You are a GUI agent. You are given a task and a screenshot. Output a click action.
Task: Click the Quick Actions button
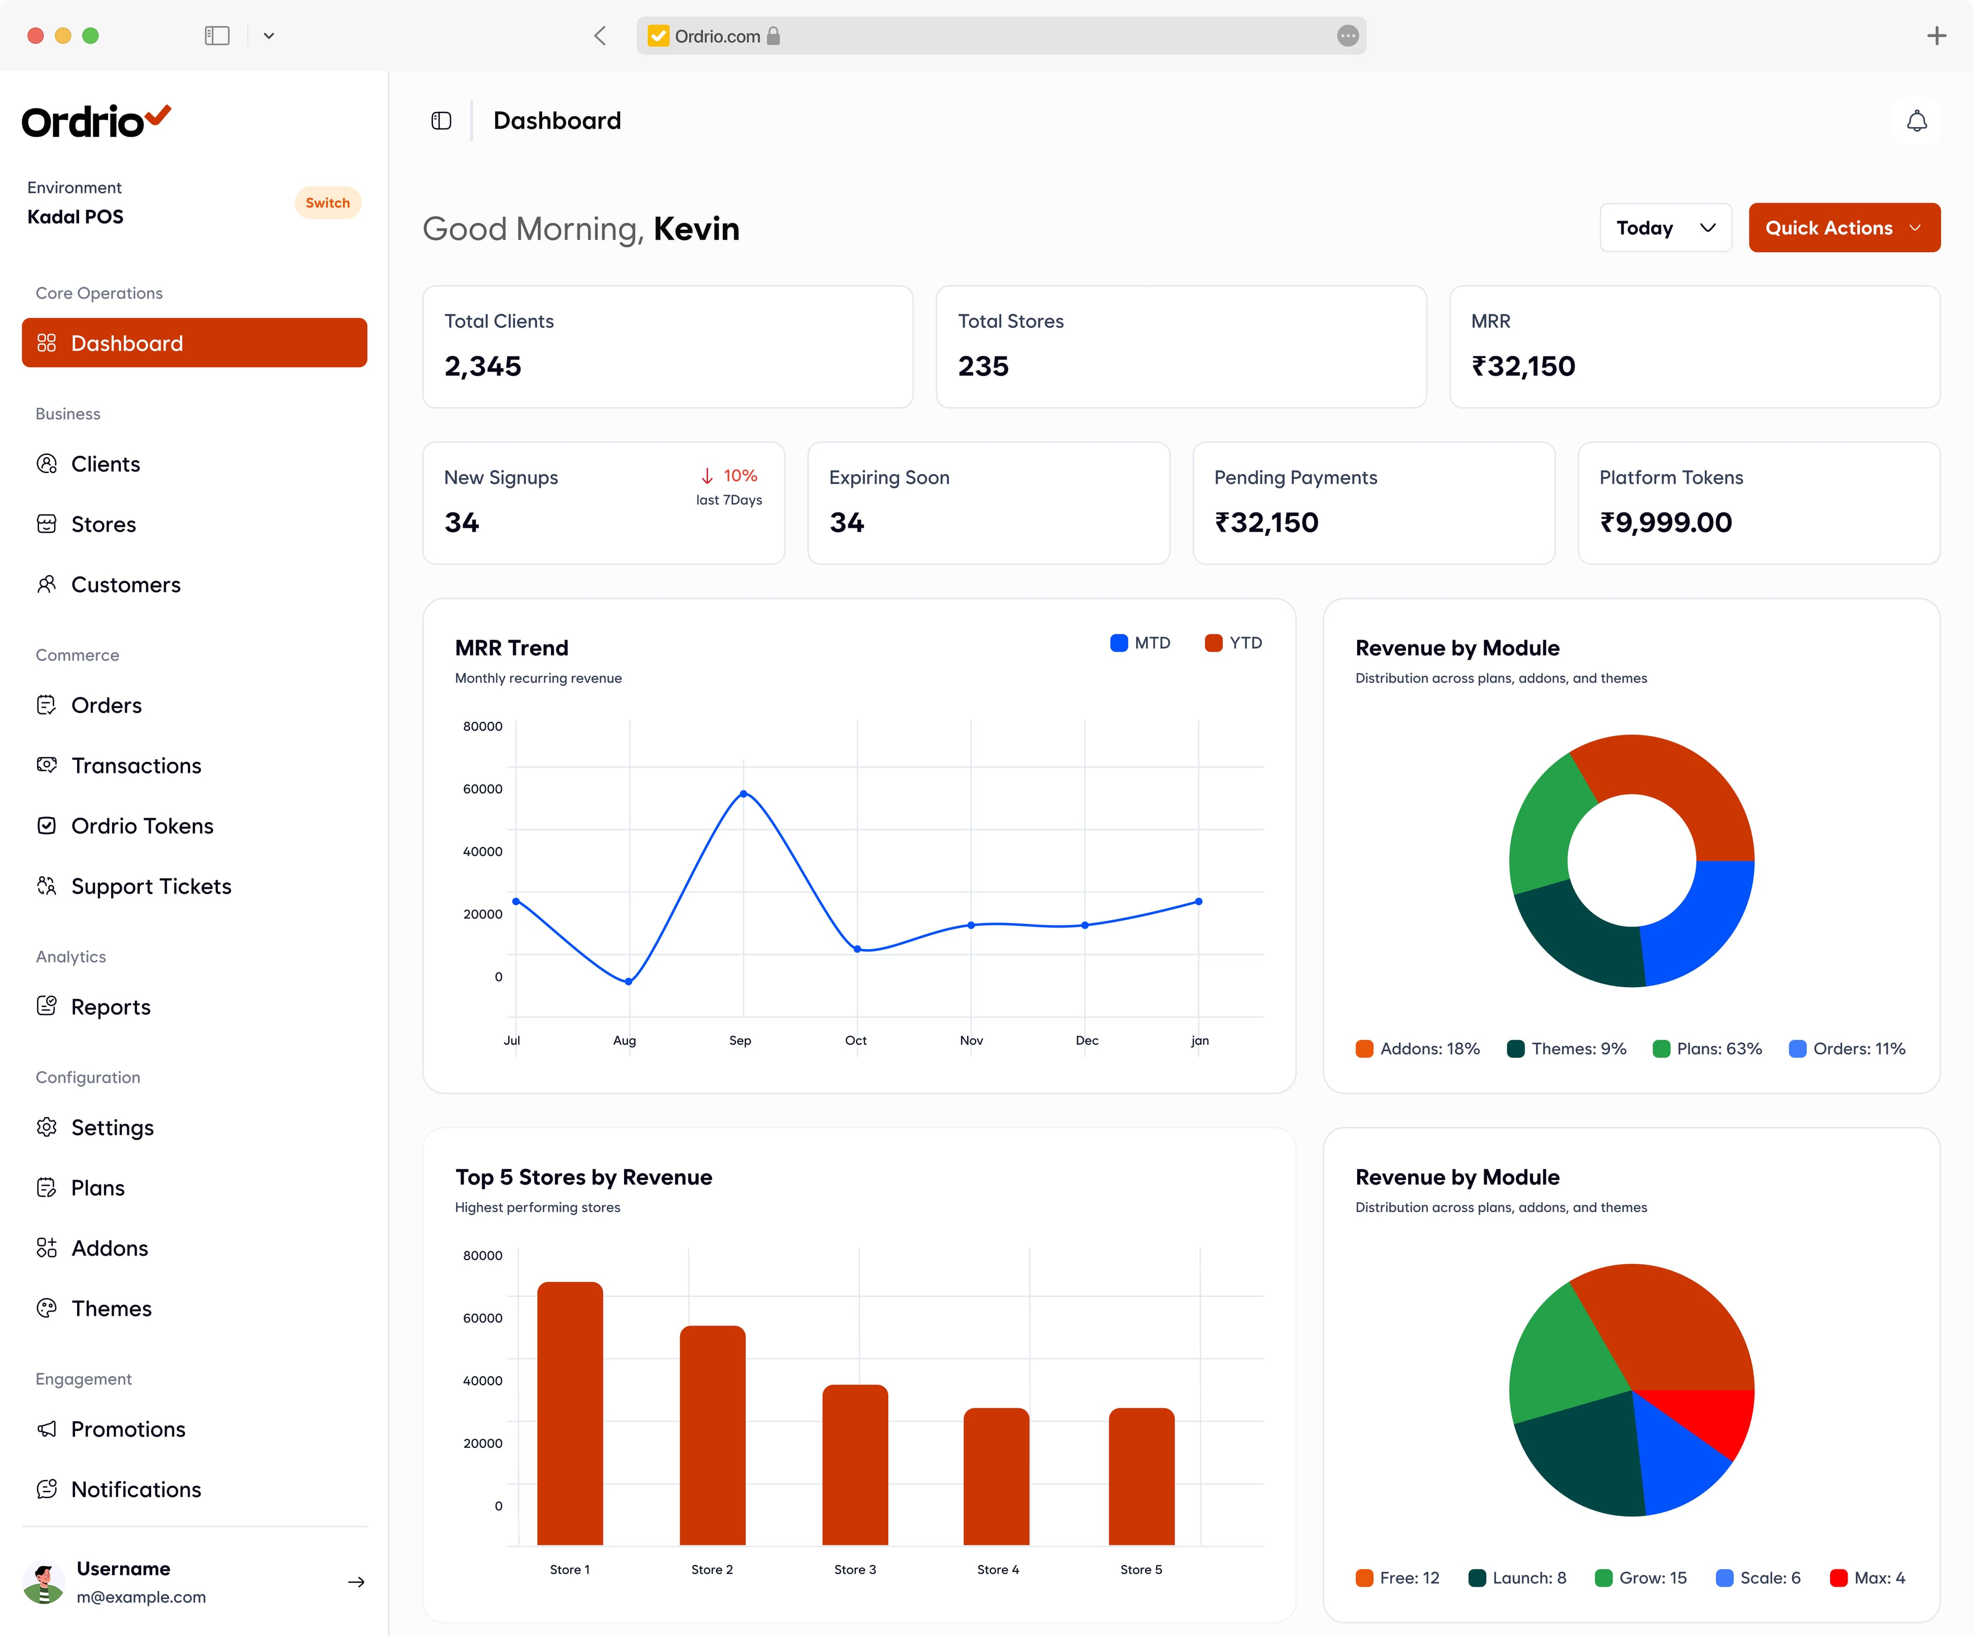pyautogui.click(x=1844, y=228)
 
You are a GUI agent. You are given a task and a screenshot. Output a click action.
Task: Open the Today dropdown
pyautogui.click(x=1666, y=228)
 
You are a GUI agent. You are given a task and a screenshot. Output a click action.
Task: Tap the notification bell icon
pyautogui.click(x=1916, y=121)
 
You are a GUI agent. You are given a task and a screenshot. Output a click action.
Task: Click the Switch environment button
pyautogui.click(x=327, y=203)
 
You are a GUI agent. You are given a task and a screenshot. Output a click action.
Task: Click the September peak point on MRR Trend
pyautogui.click(x=743, y=794)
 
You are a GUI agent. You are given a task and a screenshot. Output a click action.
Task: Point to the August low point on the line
pyautogui.click(x=629, y=981)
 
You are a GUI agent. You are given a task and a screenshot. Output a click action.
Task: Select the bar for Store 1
pyautogui.click(x=570, y=1413)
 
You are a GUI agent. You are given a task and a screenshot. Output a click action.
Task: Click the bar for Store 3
pyautogui.click(x=855, y=1465)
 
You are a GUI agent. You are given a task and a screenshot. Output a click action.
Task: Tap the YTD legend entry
pyautogui.click(x=1233, y=643)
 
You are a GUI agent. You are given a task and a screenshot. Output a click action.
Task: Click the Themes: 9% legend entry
pyautogui.click(x=1567, y=1048)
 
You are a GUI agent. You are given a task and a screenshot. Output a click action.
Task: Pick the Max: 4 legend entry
pyautogui.click(x=1868, y=1578)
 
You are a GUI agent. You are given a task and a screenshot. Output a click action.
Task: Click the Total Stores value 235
pyautogui.click(x=983, y=366)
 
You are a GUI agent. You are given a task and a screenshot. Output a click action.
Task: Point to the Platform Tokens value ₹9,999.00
pyautogui.click(x=1666, y=523)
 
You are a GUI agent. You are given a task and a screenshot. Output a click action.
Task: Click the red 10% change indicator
pyautogui.click(x=729, y=476)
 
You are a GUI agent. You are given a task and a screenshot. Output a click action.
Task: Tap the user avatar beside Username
pyautogui.click(x=43, y=1583)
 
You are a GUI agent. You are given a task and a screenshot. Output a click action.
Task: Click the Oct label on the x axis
pyautogui.click(x=855, y=1040)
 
